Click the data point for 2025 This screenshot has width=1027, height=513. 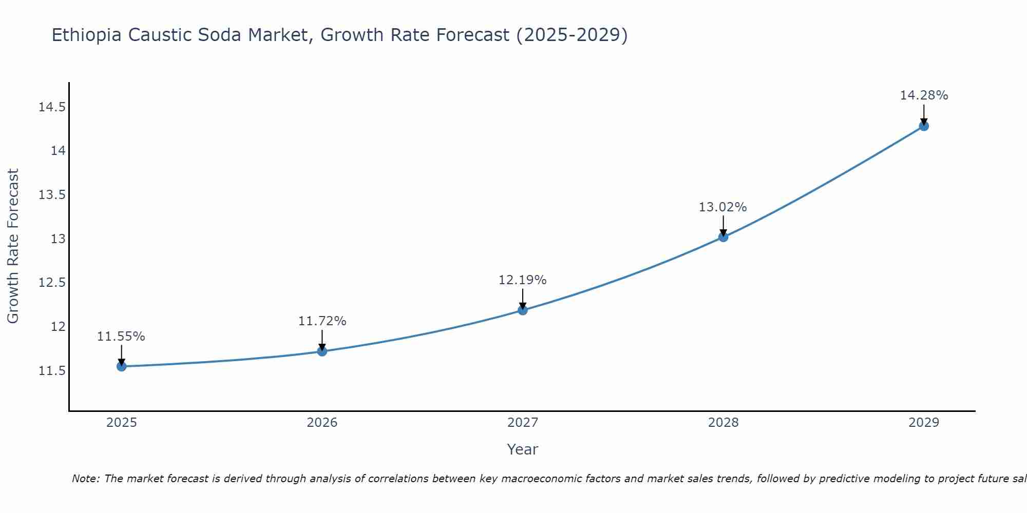pyautogui.click(x=121, y=366)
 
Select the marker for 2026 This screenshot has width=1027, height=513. pyautogui.click(x=322, y=351)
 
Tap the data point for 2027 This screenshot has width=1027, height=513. pyautogui.click(x=523, y=310)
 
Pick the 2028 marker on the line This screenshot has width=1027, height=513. pyautogui.click(x=723, y=237)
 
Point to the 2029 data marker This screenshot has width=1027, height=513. pyautogui.click(x=924, y=126)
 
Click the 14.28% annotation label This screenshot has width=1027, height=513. pyautogui.click(x=924, y=95)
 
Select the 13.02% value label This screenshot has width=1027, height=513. pyautogui.click(x=722, y=207)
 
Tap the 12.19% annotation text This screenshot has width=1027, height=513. pyautogui.click(x=522, y=280)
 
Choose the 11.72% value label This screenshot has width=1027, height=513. pyautogui.click(x=322, y=321)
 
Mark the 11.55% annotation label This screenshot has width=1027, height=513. pyautogui.click(x=121, y=337)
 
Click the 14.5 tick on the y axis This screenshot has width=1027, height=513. pyautogui.click(x=52, y=107)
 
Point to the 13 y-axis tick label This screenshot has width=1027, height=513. pyautogui.click(x=59, y=239)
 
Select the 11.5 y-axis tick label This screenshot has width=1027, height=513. pyautogui.click(x=52, y=370)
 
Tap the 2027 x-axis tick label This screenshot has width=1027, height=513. pyautogui.click(x=523, y=423)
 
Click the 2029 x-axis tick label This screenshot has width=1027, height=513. pyautogui.click(x=924, y=423)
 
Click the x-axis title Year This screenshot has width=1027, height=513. pyautogui.click(x=522, y=449)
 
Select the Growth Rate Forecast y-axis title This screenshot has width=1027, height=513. pyautogui.click(x=13, y=246)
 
